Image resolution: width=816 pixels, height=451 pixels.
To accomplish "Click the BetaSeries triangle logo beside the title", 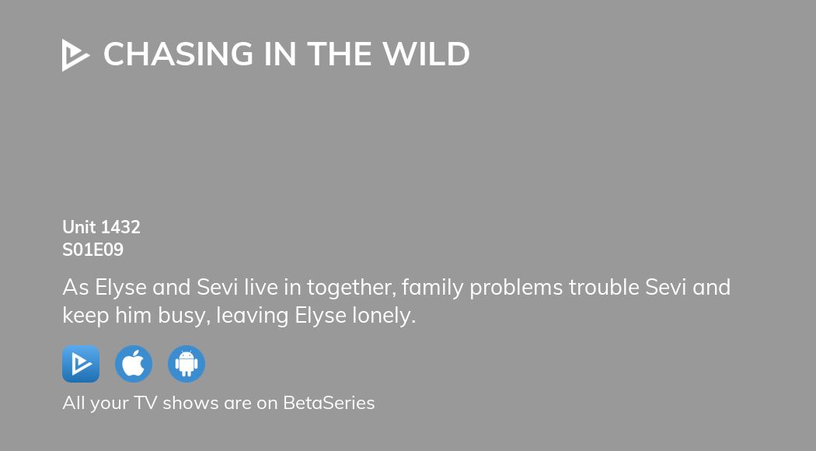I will (75, 55).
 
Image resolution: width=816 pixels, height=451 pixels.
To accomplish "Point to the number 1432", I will (120, 227).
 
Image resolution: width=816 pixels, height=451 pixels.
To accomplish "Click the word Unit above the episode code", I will (79, 227).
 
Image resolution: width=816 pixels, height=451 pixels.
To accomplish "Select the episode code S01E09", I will (92, 250).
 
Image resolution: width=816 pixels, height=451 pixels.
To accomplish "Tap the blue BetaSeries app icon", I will (81, 364).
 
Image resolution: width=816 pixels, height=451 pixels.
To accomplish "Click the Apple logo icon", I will (134, 364).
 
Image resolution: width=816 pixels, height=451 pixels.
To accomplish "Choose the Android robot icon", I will (187, 364).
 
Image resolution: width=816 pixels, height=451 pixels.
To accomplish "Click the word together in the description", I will (353, 288).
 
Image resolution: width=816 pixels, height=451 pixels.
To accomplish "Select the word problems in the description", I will (516, 288).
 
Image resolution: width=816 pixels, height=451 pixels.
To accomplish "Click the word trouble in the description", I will (603, 288).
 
